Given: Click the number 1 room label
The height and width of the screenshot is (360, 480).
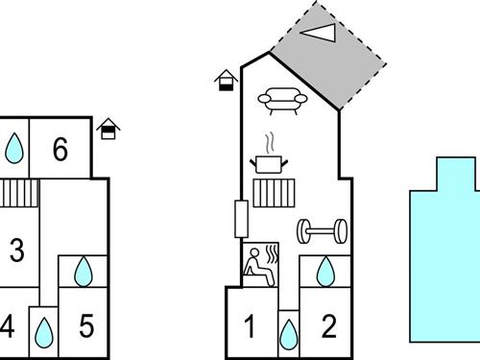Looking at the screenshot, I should point(250,327).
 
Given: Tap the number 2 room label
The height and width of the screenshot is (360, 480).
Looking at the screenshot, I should point(329,327).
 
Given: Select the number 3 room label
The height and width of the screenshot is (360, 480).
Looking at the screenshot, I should point(16,252).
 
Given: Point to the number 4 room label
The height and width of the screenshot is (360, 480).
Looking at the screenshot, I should point(8,327).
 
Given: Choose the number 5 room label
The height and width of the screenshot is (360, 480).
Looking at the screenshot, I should point(86,327).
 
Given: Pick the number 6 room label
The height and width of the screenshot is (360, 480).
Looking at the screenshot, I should point(60,150).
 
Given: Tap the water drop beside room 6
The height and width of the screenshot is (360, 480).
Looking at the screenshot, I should point(14,149).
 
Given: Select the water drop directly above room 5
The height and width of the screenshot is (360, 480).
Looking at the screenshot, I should point(84,272).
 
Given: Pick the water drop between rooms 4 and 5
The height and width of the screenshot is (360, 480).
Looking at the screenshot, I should point(43,333).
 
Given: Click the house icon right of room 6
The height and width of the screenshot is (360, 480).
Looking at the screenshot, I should point(109,128).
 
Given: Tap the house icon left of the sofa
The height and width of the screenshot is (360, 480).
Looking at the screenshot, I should point(227,81).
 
